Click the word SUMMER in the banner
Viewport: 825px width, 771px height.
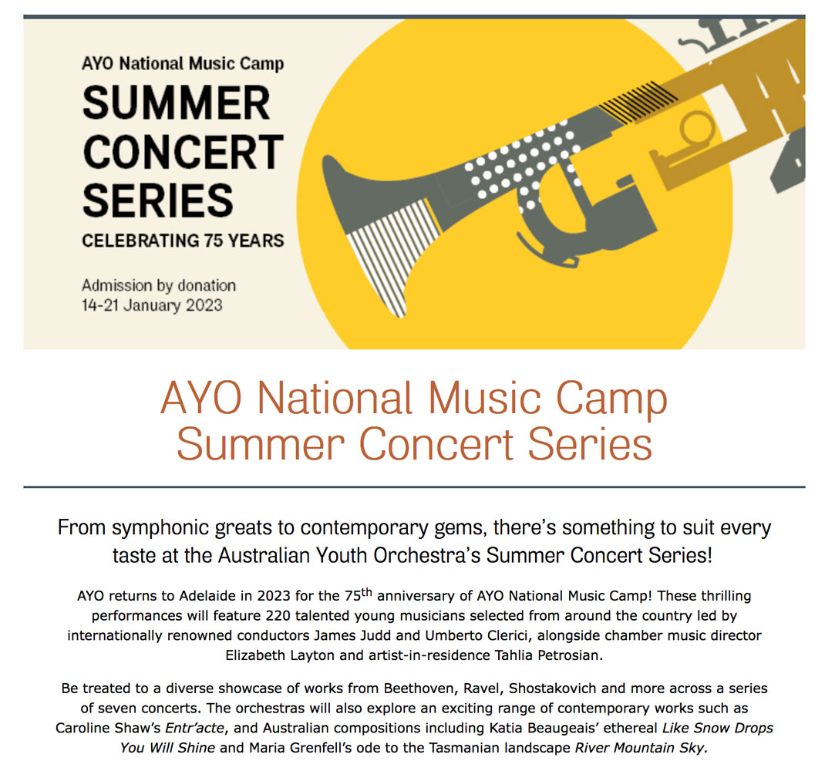(177, 103)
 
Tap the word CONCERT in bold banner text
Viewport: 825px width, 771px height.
(183, 152)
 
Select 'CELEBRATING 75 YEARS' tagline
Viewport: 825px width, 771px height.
(183, 241)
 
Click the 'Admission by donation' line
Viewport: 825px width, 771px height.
(158, 286)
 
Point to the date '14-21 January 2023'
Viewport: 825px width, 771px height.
(152, 305)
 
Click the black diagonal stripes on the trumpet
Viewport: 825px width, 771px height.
(638, 102)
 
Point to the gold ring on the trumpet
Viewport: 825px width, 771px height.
(697, 129)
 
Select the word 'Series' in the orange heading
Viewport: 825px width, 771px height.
(590, 444)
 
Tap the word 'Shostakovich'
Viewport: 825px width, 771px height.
(553, 689)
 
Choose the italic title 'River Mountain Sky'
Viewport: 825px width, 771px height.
(640, 749)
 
